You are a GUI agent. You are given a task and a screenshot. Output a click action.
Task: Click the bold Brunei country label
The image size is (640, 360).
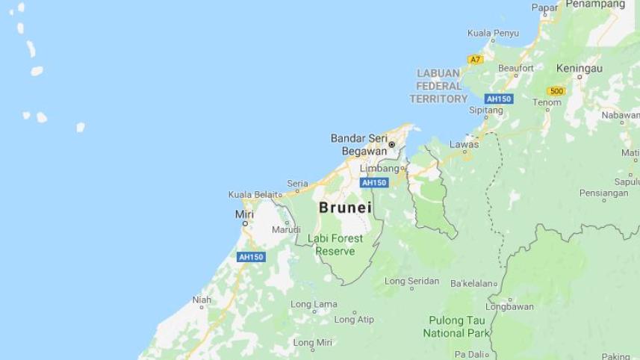345,208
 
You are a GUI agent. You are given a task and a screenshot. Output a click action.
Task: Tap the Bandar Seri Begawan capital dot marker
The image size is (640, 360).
391,145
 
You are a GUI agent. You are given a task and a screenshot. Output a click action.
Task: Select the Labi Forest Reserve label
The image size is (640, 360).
335,245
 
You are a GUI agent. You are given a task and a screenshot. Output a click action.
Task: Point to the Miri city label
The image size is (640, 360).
244,214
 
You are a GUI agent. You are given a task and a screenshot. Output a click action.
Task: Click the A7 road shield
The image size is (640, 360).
475,59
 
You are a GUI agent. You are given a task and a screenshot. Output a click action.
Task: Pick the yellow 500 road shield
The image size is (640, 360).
556,91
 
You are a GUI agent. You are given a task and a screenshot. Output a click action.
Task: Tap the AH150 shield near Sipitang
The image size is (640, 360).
497,99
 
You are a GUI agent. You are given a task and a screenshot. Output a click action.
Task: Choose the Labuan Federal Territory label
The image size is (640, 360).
438,86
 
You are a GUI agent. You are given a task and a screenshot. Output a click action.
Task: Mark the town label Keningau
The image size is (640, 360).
579,68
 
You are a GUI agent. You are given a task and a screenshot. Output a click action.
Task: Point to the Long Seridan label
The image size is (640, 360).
411,282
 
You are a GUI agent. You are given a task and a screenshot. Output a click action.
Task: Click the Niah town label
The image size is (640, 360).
202,300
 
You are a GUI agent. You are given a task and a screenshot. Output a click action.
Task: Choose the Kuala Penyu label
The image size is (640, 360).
493,33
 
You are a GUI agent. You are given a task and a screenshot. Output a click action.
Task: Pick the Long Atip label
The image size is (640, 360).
354,320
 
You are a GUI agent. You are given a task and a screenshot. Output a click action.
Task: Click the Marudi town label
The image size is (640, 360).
286,229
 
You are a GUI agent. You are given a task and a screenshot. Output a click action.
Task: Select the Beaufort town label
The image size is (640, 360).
516,68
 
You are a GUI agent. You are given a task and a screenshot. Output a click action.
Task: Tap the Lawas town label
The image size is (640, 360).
465,144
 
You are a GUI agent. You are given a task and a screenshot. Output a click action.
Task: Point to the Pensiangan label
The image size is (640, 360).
603,193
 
